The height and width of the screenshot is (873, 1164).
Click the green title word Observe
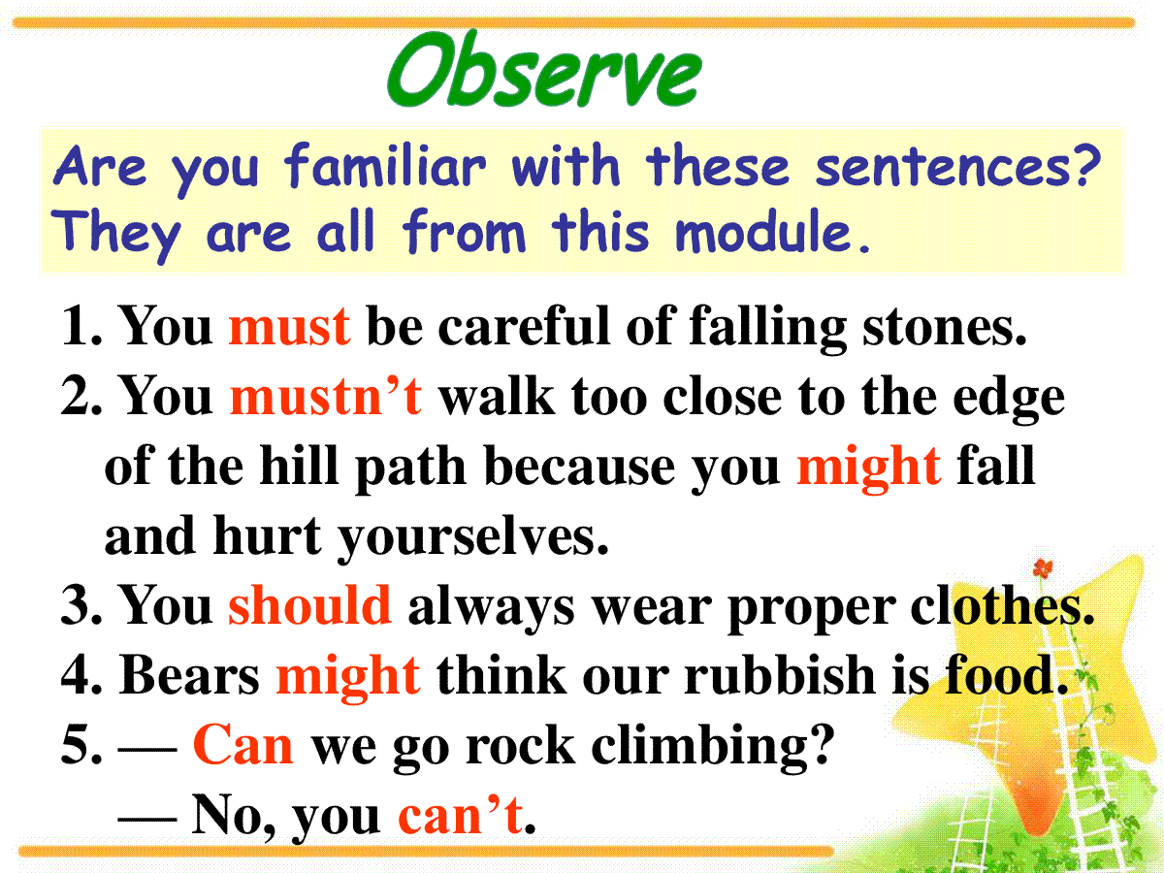click(544, 70)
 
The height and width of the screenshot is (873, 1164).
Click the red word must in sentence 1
click(289, 327)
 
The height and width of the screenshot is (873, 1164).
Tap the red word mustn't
click(326, 395)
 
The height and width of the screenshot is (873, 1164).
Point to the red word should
click(310, 603)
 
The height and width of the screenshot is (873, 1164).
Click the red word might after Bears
click(348, 676)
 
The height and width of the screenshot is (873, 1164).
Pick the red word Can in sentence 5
click(242, 745)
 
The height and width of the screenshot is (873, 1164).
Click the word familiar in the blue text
click(385, 166)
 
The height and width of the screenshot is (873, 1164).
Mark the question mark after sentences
click(1087, 166)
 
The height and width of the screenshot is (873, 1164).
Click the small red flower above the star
click(1043, 568)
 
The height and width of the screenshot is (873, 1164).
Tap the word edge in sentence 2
click(1009, 399)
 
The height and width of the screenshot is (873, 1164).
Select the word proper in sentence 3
click(811, 608)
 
